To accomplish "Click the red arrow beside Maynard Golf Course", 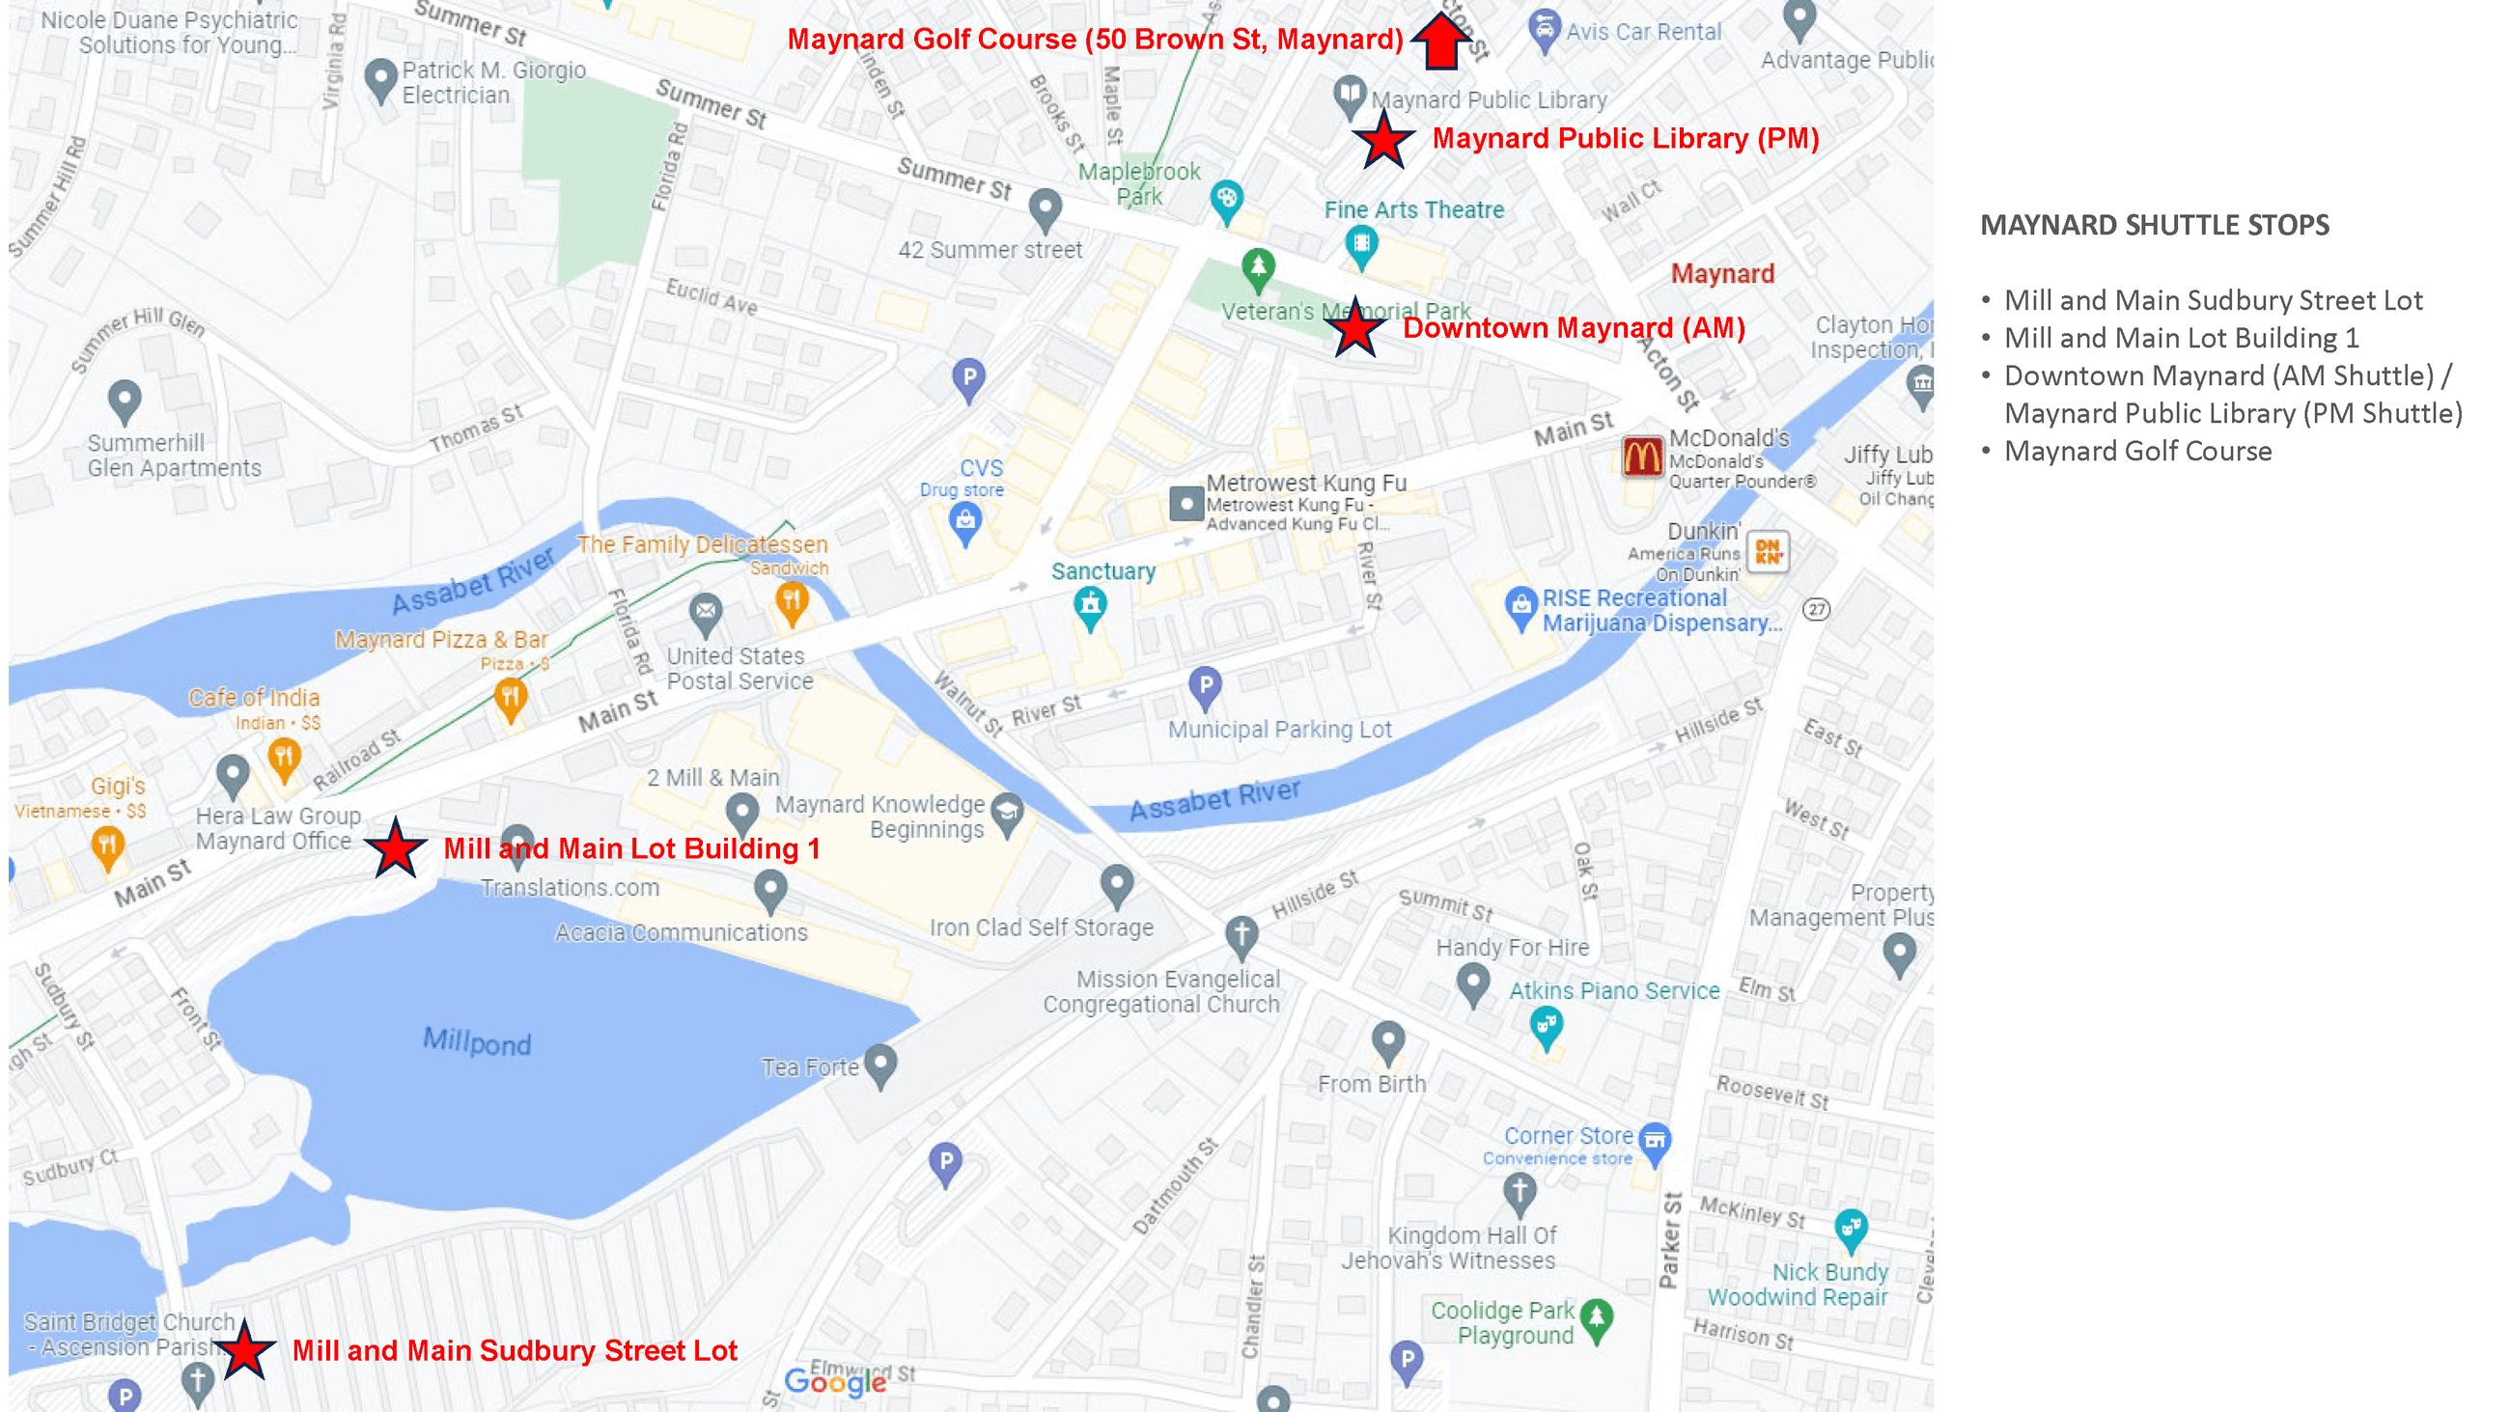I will [x=1440, y=41].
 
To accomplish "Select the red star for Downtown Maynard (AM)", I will [x=1354, y=329].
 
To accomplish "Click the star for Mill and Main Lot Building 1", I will [x=396, y=848].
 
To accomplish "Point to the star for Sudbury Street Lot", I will [x=243, y=1350].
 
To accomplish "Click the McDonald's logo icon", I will [x=1642, y=457].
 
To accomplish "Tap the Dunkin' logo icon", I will [x=1768, y=552].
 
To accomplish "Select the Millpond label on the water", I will [x=477, y=1041].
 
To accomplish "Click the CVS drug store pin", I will [x=964, y=524].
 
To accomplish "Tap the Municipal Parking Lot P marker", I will [x=1206, y=687].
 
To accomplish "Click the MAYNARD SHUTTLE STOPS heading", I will [x=2155, y=225].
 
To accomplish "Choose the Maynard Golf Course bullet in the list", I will [x=2136, y=451].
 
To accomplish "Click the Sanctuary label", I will [x=1103, y=571].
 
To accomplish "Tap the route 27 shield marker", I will [x=1815, y=610].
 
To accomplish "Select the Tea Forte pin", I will [x=879, y=1065].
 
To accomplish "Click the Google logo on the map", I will [x=835, y=1381].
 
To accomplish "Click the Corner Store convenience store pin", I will [x=1655, y=1142].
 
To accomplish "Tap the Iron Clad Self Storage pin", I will [x=1117, y=884].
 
